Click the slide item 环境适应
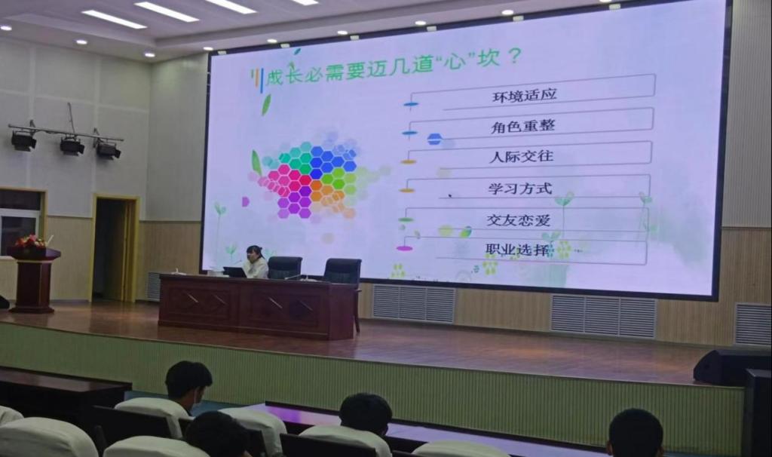[525, 94]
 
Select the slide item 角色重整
[523, 126]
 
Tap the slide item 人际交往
[522, 157]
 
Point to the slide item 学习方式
[520, 188]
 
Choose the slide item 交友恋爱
[519, 219]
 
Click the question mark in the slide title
[513, 57]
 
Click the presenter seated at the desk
[256, 262]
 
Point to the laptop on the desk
[235, 271]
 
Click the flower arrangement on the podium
[30, 242]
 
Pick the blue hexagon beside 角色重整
[435, 140]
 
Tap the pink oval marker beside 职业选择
[404, 248]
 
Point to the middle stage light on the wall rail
[72, 146]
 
